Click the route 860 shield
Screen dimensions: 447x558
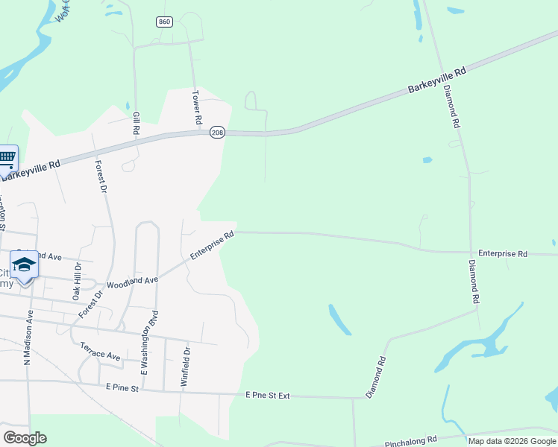pyautogui.click(x=165, y=22)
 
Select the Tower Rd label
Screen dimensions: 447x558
pyautogui.click(x=197, y=107)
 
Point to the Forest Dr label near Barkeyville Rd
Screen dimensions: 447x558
pyautogui.click(x=100, y=177)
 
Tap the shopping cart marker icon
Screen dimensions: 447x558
pyautogui.click(x=7, y=158)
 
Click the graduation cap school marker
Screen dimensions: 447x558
pyautogui.click(x=25, y=266)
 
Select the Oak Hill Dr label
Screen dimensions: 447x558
pyautogui.click(x=76, y=281)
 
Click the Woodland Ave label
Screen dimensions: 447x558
pyautogui.click(x=133, y=282)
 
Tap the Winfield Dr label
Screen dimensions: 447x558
pyautogui.click(x=186, y=365)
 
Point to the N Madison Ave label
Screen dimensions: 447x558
pyautogui.click(x=28, y=337)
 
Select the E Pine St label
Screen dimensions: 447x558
pyautogui.click(x=122, y=387)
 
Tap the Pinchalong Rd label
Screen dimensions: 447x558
pyautogui.click(x=415, y=443)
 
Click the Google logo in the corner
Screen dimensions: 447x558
pyautogui.click(x=25, y=438)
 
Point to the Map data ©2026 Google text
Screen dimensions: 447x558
pyautogui.click(x=512, y=441)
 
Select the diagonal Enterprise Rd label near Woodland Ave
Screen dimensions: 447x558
pyautogui.click(x=212, y=245)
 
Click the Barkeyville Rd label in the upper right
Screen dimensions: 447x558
pyautogui.click(x=437, y=80)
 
